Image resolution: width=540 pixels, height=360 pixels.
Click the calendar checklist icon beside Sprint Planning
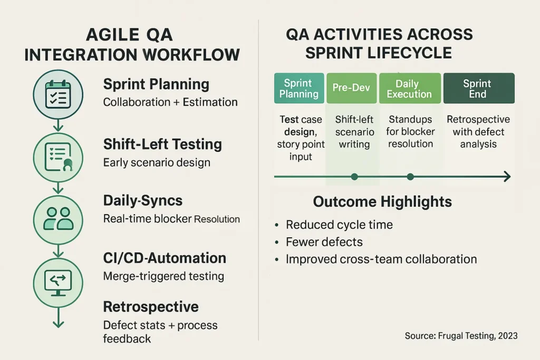click(58, 94)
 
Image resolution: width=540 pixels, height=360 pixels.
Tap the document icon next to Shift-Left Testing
click(58, 157)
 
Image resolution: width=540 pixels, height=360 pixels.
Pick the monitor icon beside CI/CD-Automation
click(58, 283)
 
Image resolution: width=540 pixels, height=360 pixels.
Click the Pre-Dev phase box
click(351, 88)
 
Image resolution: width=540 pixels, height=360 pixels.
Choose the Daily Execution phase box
click(410, 88)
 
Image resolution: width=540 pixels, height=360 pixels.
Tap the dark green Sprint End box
click(479, 88)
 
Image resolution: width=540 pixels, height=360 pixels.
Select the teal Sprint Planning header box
click(299, 88)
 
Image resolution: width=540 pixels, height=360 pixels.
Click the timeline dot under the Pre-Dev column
click(354, 177)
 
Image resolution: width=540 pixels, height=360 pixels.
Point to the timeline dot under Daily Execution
click(410, 177)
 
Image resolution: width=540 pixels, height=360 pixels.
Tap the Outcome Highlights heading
click(382, 202)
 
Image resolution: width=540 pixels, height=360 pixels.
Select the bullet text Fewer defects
click(324, 242)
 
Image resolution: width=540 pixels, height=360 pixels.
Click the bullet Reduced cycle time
click(339, 225)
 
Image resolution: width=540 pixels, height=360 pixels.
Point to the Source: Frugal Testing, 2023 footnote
click(461, 336)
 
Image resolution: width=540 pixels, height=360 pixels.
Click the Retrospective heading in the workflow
click(151, 307)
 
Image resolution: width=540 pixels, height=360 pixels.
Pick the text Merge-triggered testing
click(163, 276)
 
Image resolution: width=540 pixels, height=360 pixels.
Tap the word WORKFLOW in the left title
click(191, 55)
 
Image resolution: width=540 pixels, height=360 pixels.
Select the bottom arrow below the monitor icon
click(58, 317)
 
